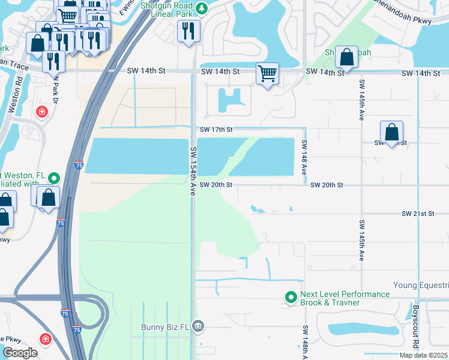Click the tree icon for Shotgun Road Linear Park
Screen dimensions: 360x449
click(x=202, y=8)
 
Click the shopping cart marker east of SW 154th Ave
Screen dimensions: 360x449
click(x=267, y=74)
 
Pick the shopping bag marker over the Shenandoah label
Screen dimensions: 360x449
click(x=346, y=57)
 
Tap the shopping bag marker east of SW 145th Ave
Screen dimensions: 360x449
click(x=391, y=131)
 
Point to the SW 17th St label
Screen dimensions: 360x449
click(x=215, y=130)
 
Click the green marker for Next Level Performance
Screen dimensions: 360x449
click(x=291, y=297)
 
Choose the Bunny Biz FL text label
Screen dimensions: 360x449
click(x=165, y=326)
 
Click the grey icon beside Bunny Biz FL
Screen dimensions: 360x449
click(x=199, y=326)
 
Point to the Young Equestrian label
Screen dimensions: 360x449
click(x=420, y=285)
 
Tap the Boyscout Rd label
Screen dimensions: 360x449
click(x=415, y=327)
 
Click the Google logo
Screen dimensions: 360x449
click(x=20, y=353)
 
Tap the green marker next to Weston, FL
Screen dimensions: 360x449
click(x=54, y=178)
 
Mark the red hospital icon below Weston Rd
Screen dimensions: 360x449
click(x=41, y=112)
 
